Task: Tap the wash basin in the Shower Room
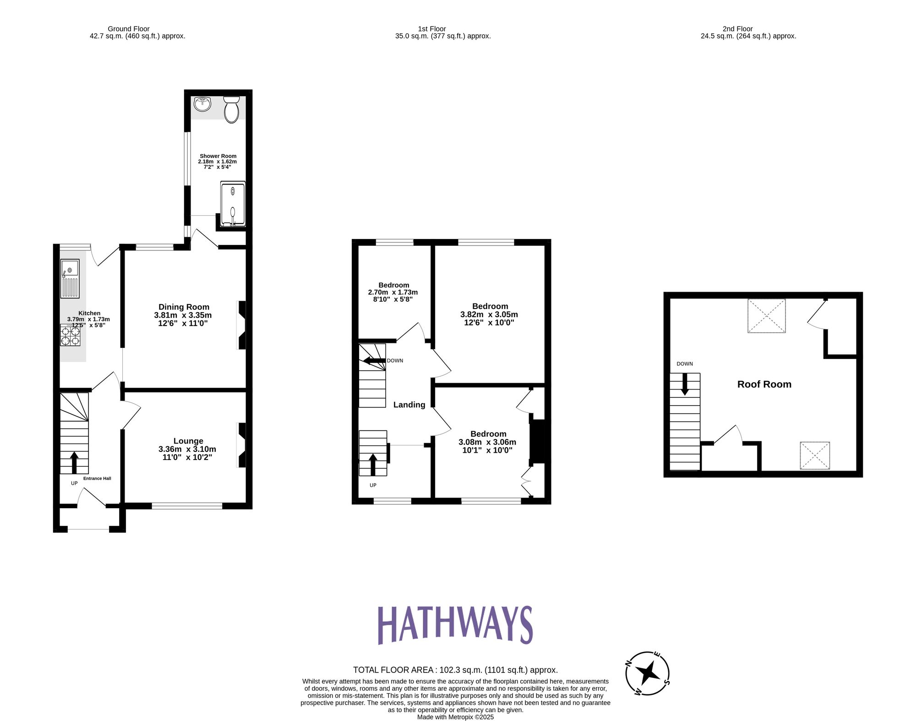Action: click(x=202, y=104)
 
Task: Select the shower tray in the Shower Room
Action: click(x=233, y=204)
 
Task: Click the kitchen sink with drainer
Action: click(x=70, y=278)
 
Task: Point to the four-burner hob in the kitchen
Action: click(x=71, y=335)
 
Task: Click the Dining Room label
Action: click(x=184, y=307)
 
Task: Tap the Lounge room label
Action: click(x=188, y=441)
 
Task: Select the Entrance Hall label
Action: click(x=97, y=478)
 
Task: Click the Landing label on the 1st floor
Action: click(x=409, y=405)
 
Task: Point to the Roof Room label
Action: click(x=764, y=385)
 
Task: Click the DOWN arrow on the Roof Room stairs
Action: click(x=685, y=384)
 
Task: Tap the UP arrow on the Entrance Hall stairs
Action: click(x=74, y=462)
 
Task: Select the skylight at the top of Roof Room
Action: click(x=766, y=316)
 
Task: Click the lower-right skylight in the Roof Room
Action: click(x=815, y=455)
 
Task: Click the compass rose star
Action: click(x=648, y=673)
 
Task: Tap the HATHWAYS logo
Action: click(x=455, y=625)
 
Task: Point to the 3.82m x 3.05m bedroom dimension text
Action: click(x=489, y=314)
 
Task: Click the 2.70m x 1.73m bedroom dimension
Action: click(x=393, y=292)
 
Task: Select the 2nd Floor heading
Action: click(x=737, y=29)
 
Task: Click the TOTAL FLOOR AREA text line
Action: click(x=455, y=670)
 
